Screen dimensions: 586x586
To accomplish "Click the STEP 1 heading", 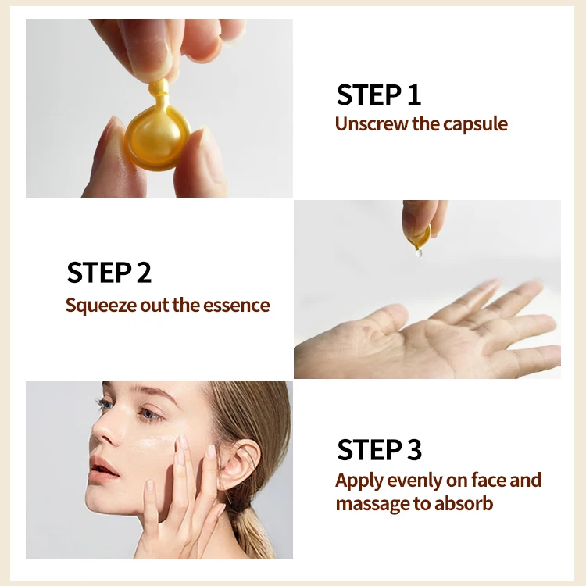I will click(379, 95).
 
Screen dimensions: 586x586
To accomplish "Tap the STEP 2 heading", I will click(109, 273).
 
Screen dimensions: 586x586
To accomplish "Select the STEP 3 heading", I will click(379, 450).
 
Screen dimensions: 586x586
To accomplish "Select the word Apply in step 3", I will click(359, 480).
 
